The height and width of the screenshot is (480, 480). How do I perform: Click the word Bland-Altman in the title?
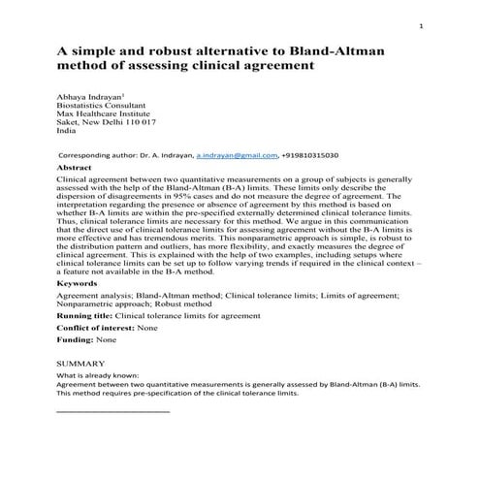click(x=346, y=51)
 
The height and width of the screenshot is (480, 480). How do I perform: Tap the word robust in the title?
click(x=174, y=51)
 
